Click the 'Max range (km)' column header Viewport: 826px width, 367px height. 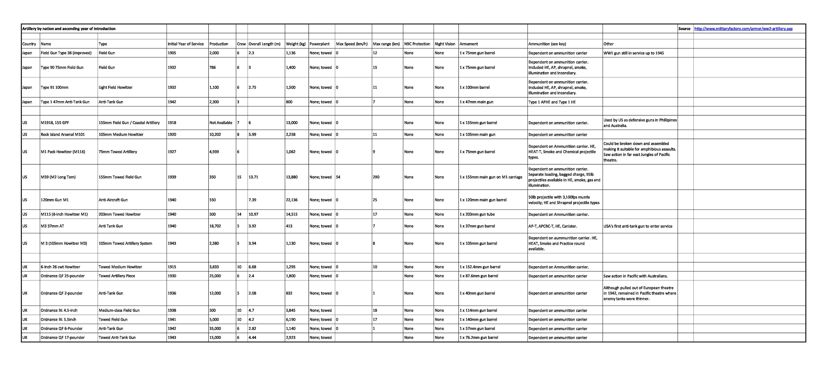point(386,44)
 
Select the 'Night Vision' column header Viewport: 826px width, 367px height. point(445,44)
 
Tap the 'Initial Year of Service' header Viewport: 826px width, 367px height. point(185,44)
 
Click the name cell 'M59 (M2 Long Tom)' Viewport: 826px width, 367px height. point(58,177)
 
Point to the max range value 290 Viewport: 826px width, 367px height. point(376,177)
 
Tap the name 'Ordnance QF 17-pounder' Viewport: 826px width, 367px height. point(63,337)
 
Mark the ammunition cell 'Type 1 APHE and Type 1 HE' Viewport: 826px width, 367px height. point(552,102)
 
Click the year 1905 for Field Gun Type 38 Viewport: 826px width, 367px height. point(172,53)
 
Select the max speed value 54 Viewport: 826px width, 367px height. point(338,177)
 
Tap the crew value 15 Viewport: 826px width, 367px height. point(239,177)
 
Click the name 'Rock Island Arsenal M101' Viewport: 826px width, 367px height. point(63,134)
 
